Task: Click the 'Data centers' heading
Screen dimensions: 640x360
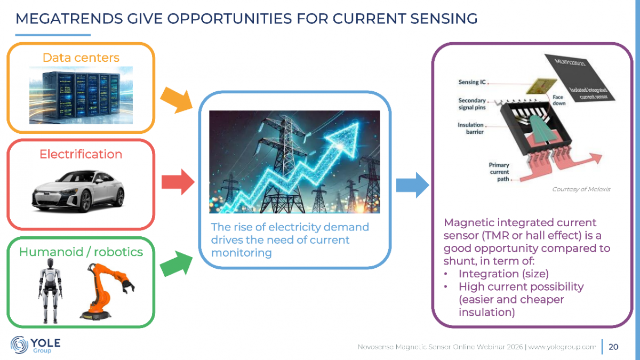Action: (81, 58)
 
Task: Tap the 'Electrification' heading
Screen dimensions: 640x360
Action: (81, 154)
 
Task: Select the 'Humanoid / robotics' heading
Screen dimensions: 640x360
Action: (81, 252)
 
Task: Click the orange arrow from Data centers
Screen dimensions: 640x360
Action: (177, 100)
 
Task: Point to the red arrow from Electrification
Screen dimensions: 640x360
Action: (178, 182)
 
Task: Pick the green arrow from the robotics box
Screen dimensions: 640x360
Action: (177, 263)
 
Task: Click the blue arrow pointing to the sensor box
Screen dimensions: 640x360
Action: (413, 185)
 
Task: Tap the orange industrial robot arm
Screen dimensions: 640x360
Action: (108, 291)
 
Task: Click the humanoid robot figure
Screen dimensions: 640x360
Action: (50, 291)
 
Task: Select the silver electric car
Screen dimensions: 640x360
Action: (78, 191)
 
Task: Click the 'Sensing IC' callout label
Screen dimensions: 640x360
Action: (472, 82)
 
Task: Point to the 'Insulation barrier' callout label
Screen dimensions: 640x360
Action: (471, 129)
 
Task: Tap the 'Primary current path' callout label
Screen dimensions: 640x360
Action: (499, 172)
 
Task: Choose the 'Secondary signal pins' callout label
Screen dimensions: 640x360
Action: (472, 104)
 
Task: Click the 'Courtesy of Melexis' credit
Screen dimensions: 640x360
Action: (581, 189)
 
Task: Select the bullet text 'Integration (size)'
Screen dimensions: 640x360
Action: (503, 274)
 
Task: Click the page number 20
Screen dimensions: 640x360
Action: (613, 347)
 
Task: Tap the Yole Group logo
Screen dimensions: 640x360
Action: (35, 345)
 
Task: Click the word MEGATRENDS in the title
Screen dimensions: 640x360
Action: (69, 19)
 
